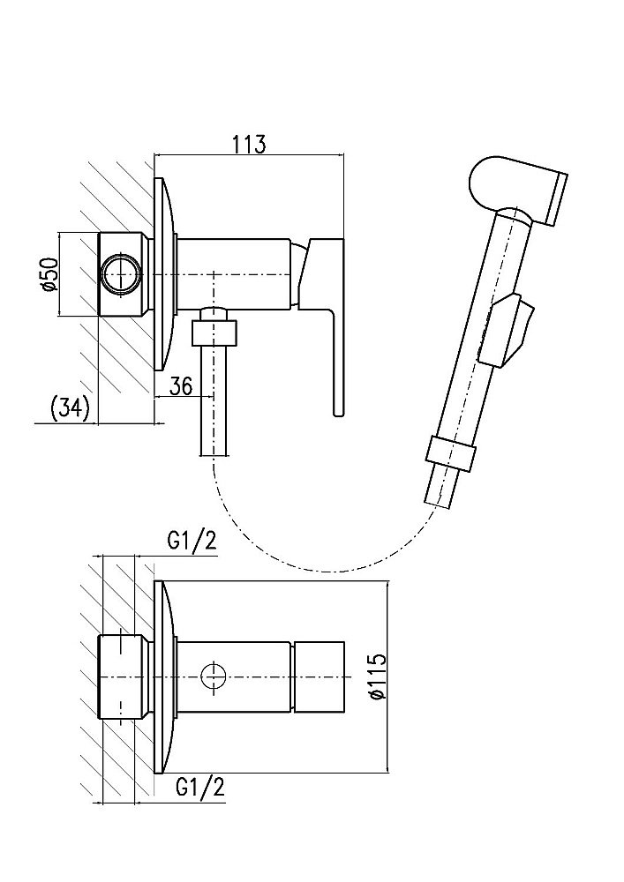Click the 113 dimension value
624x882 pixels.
[249, 145]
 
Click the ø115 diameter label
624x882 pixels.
[377, 677]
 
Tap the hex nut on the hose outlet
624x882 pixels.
[215, 333]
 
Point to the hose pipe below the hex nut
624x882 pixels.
[215, 406]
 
